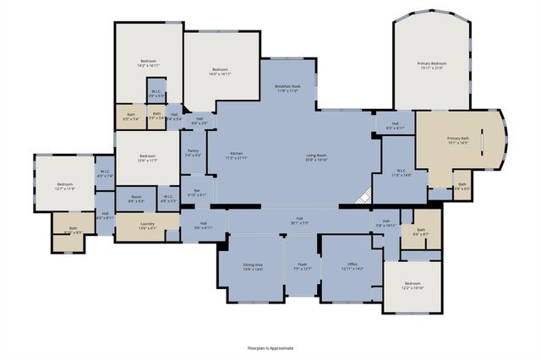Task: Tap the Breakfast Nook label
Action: tap(288, 89)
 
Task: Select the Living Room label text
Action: tap(316, 155)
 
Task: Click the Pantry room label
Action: tap(193, 153)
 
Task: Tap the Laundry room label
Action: tap(147, 226)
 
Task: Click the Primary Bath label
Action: tap(458, 140)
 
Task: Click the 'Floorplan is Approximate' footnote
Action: tap(270, 347)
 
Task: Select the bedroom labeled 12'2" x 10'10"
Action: tap(412, 286)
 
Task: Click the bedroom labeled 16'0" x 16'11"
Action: tap(220, 71)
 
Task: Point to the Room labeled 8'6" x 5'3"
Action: tap(136, 201)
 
